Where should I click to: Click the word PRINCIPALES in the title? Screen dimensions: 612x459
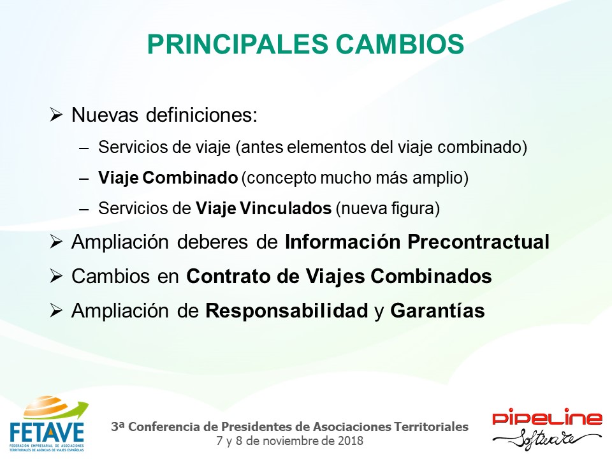238,44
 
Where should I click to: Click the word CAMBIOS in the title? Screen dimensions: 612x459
400,44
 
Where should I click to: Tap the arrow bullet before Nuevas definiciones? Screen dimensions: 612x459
56,115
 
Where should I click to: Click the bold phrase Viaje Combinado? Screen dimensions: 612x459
168,178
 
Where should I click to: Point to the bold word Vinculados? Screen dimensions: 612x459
286,208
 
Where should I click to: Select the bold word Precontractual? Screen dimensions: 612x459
479,242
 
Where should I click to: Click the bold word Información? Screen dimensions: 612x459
342,242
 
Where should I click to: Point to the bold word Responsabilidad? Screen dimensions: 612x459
287,310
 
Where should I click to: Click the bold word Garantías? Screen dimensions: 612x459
437,310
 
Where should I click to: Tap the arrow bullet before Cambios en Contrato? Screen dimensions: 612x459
56,276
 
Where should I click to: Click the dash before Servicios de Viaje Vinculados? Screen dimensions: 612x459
84,210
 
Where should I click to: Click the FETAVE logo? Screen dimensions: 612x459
47,424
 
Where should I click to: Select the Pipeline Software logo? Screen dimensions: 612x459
547,428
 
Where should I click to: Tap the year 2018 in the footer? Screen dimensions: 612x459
351,441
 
